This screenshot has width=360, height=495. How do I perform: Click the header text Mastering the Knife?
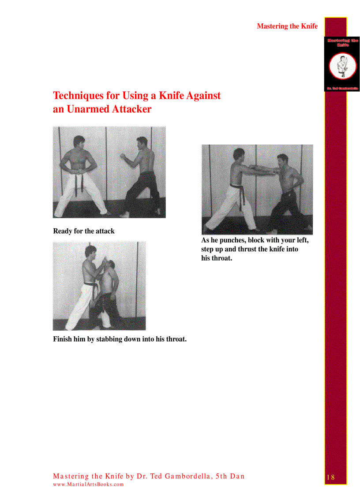click(287, 26)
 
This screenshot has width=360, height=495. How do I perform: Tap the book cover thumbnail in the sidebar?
click(342, 64)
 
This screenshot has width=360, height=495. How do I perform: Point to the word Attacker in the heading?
click(131, 109)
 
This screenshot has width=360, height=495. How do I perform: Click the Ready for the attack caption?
click(84, 231)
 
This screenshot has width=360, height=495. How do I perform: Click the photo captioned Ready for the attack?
click(109, 172)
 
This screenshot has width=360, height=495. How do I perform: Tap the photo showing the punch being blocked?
click(257, 190)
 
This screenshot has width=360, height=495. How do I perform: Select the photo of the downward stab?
click(99, 286)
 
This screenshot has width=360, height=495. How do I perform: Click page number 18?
click(331, 477)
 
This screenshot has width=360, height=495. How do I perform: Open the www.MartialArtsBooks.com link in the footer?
click(88, 484)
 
